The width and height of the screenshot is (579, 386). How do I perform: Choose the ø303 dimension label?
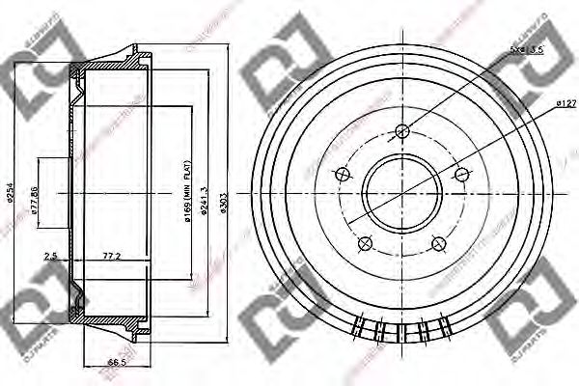click(225, 198)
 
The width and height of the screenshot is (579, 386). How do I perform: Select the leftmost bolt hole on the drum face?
click(341, 175)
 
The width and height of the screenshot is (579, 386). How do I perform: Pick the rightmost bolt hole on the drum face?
click(463, 175)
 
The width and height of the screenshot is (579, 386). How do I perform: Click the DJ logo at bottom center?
click(280, 318)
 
